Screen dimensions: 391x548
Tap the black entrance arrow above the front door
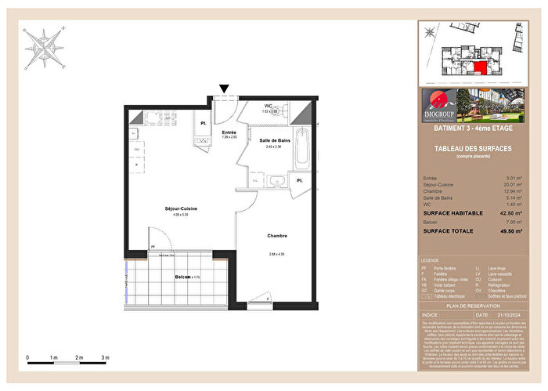[225, 90]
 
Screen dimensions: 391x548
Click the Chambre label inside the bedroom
[276, 236]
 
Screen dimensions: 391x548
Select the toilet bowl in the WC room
[287, 110]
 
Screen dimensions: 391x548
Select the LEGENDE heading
[430, 259]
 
